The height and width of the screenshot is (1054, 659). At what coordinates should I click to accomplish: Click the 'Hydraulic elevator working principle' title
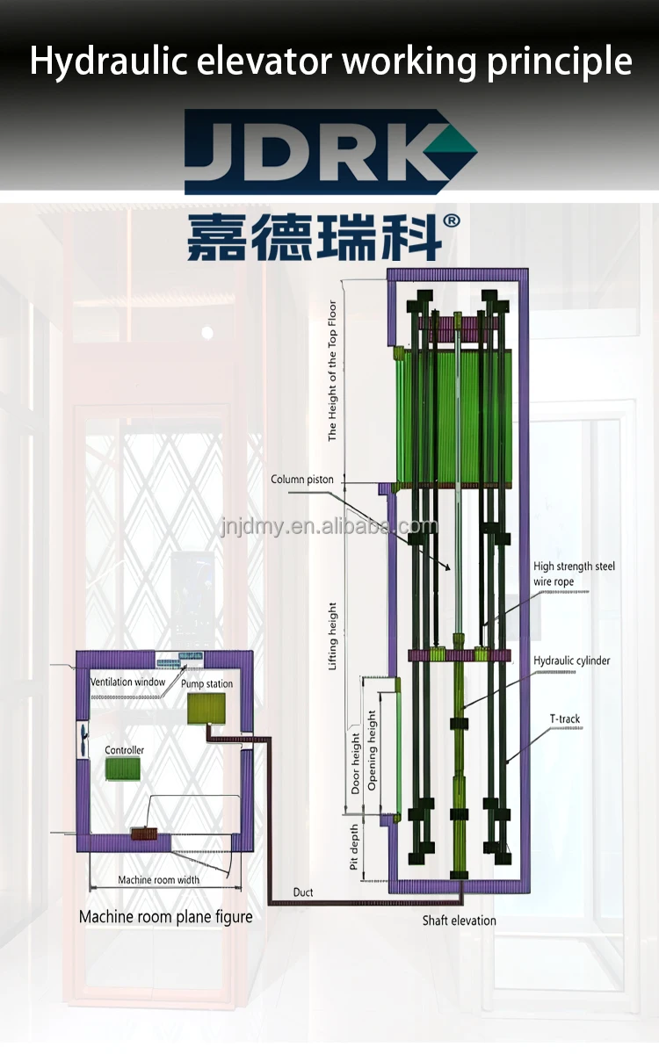(x=329, y=61)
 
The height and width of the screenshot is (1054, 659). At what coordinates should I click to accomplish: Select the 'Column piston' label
(x=301, y=480)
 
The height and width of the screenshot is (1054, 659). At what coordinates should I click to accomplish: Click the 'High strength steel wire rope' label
(x=574, y=574)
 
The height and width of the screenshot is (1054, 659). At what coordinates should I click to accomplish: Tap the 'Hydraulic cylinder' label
(x=571, y=661)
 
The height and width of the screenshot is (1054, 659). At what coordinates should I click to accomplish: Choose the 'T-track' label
(x=565, y=719)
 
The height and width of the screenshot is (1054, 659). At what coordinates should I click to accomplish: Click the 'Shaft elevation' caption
(x=459, y=920)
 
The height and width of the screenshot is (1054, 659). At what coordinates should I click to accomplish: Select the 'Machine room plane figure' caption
(x=165, y=917)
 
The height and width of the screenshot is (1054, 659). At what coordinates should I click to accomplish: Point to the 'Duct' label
(x=303, y=892)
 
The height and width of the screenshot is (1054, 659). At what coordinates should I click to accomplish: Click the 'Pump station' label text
(x=207, y=683)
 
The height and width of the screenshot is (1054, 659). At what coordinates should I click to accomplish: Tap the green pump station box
(x=206, y=708)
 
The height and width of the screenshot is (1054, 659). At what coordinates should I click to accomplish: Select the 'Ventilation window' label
(x=127, y=682)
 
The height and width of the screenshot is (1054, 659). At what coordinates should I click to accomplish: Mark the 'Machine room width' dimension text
(x=159, y=879)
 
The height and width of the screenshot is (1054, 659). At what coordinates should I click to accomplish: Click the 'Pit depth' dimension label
(x=354, y=848)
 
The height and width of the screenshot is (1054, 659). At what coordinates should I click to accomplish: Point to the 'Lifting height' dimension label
(x=332, y=636)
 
